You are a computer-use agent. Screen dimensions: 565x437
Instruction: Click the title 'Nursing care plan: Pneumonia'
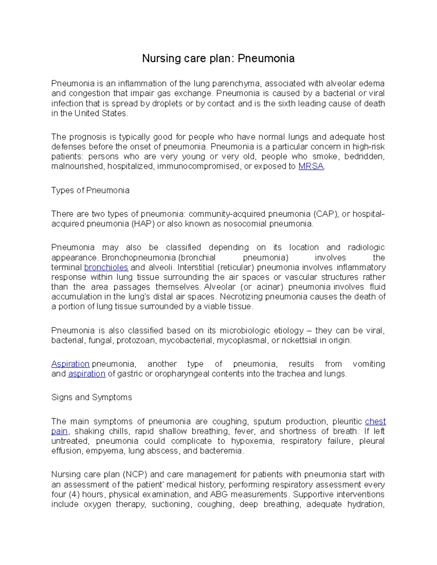click(218, 58)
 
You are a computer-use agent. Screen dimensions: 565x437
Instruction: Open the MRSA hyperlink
click(311, 167)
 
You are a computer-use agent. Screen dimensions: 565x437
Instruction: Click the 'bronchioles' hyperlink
click(106, 267)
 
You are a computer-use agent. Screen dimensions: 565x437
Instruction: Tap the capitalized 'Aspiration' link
click(70, 364)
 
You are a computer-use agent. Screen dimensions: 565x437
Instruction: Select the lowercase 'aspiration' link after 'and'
click(87, 374)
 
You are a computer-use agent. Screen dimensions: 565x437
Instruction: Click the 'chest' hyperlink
click(375, 421)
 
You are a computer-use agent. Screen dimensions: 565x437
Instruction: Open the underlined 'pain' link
click(59, 431)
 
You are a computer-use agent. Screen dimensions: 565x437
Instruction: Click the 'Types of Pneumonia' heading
click(90, 190)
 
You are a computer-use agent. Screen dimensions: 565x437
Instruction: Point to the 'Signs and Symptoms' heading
click(91, 397)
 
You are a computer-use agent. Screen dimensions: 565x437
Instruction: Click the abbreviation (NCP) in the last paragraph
click(135, 474)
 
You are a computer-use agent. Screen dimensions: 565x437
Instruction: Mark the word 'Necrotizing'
click(241, 297)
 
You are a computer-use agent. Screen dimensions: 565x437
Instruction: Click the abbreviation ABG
click(219, 494)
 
